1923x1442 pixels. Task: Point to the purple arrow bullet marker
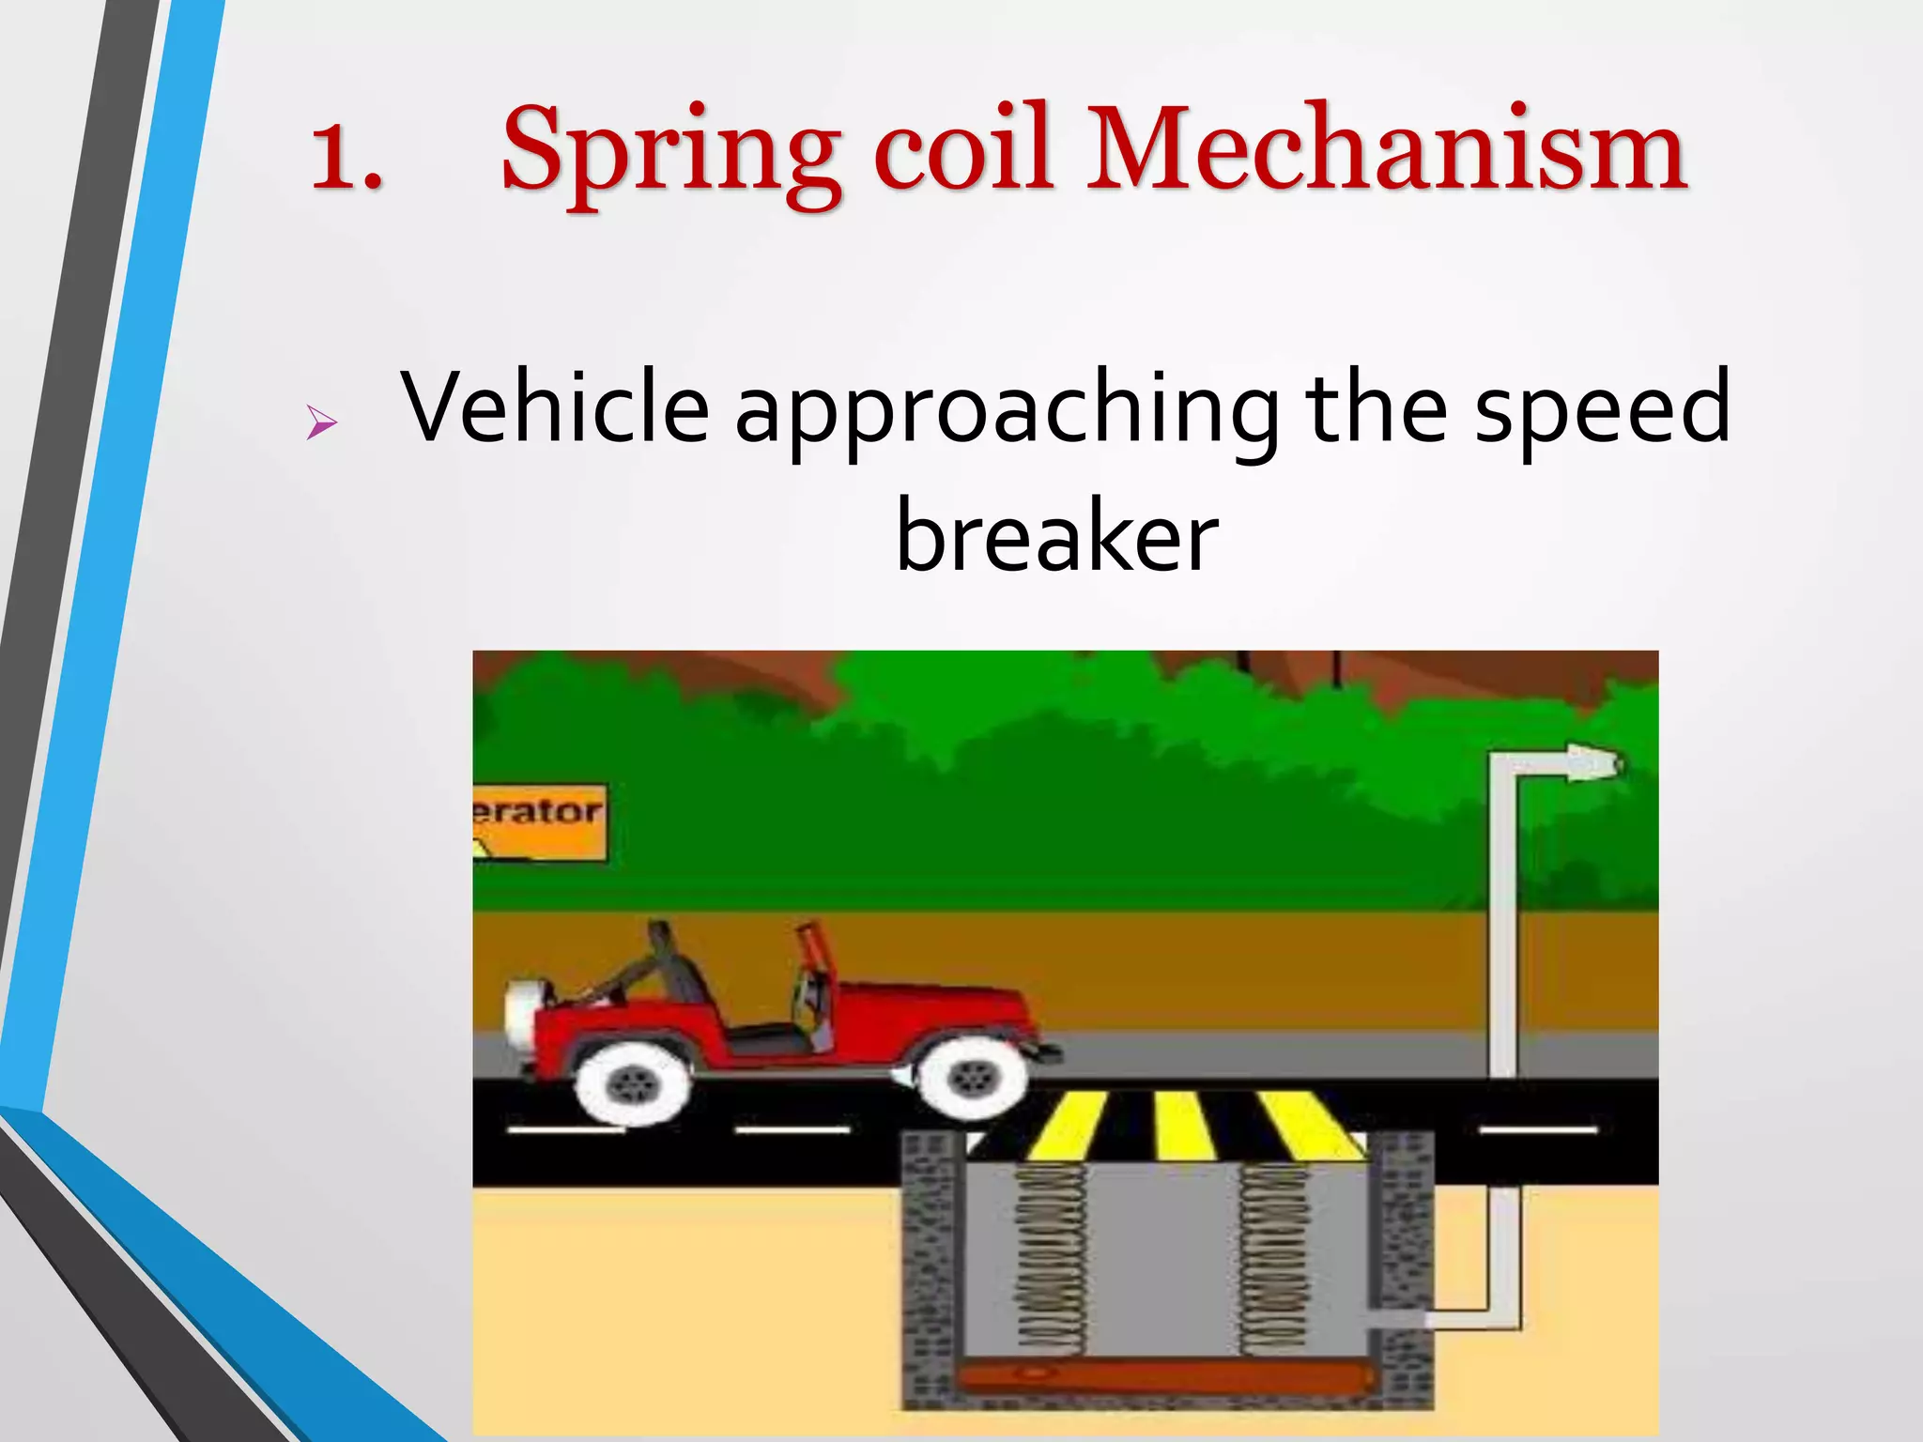320,423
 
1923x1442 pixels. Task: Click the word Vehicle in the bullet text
554,407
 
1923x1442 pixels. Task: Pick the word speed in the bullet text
1601,409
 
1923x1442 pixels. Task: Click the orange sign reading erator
539,821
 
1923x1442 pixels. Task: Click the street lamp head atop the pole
1592,762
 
